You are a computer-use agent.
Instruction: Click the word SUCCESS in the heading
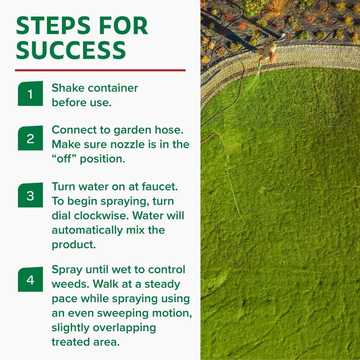point(71,50)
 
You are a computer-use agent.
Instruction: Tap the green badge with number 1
point(30,94)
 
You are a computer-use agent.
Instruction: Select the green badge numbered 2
point(30,138)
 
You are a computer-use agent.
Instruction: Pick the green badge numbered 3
point(30,195)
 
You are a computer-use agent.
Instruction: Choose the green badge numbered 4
point(30,279)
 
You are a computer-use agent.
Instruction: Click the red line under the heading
point(100,70)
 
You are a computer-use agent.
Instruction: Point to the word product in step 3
point(73,244)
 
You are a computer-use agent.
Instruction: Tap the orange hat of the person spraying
point(273,58)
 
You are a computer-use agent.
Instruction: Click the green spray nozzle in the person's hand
point(259,66)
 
